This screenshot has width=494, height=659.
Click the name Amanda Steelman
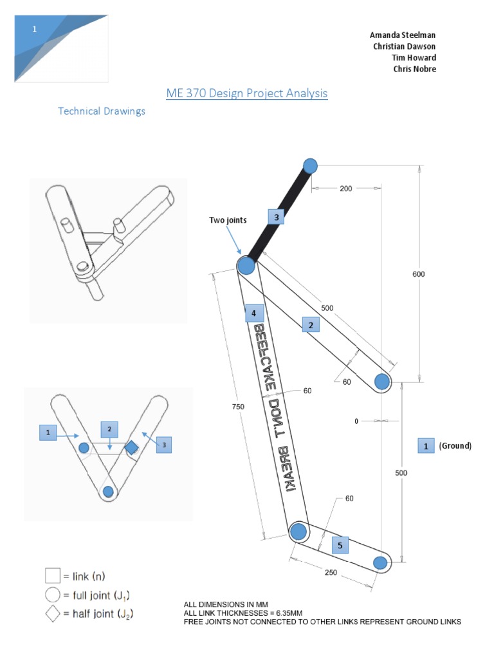tap(403, 35)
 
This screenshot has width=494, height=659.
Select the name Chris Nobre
tap(414, 69)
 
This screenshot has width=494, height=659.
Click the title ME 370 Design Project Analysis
tap(247, 93)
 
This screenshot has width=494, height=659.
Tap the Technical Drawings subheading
tap(102, 111)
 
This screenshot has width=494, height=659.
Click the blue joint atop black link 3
tap(310, 166)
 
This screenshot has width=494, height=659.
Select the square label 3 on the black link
tap(276, 218)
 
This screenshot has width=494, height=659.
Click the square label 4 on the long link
tap(254, 313)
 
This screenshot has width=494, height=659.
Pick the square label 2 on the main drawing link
tap(311, 326)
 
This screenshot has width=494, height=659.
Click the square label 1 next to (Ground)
tap(425, 445)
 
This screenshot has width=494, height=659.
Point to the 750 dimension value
tap(238, 406)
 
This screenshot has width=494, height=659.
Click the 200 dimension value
tap(346, 189)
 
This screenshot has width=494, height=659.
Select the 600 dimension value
tap(419, 274)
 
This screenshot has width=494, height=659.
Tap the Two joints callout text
tap(228, 220)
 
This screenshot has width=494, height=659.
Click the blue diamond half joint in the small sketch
tap(131, 447)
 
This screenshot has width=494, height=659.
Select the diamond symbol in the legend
tap(52, 615)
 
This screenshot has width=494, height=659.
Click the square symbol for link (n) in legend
tap(52, 574)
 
